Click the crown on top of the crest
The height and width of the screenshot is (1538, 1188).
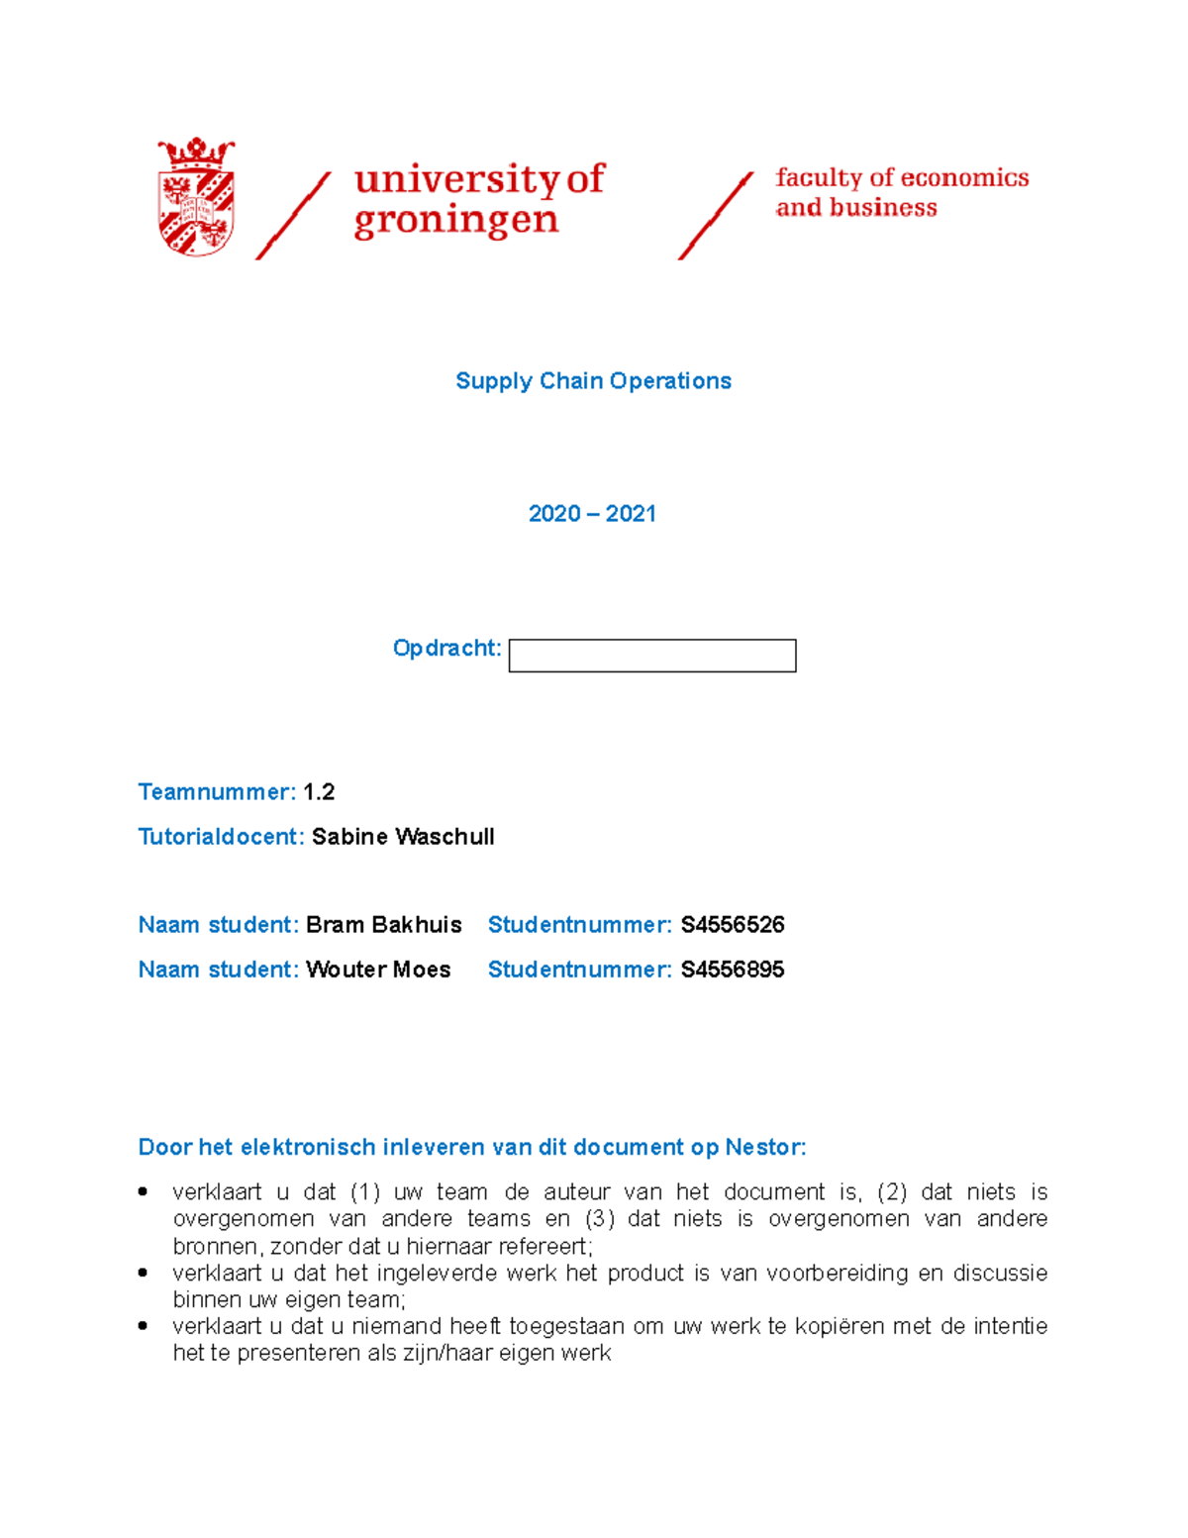[196, 153]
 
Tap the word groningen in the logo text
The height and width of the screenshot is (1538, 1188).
[455, 221]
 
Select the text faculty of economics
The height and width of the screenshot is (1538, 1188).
[901, 177]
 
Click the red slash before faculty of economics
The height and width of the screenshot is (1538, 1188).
[715, 216]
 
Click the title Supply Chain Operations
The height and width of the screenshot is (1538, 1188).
[593, 381]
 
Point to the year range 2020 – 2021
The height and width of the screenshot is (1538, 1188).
[592, 514]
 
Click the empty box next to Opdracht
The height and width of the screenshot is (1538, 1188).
[651, 656]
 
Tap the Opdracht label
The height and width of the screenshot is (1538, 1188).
[446, 648]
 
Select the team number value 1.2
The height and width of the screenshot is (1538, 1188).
[319, 792]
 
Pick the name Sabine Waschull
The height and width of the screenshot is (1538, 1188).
[403, 837]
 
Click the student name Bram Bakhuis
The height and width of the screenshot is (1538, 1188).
[383, 925]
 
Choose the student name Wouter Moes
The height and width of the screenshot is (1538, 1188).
[378, 970]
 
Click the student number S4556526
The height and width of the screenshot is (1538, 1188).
[733, 925]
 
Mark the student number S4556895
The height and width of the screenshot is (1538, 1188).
[733, 970]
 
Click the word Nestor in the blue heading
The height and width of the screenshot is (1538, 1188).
[764, 1148]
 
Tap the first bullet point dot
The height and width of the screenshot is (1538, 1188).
[144, 1191]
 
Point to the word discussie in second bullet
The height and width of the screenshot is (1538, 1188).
[1000, 1273]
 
